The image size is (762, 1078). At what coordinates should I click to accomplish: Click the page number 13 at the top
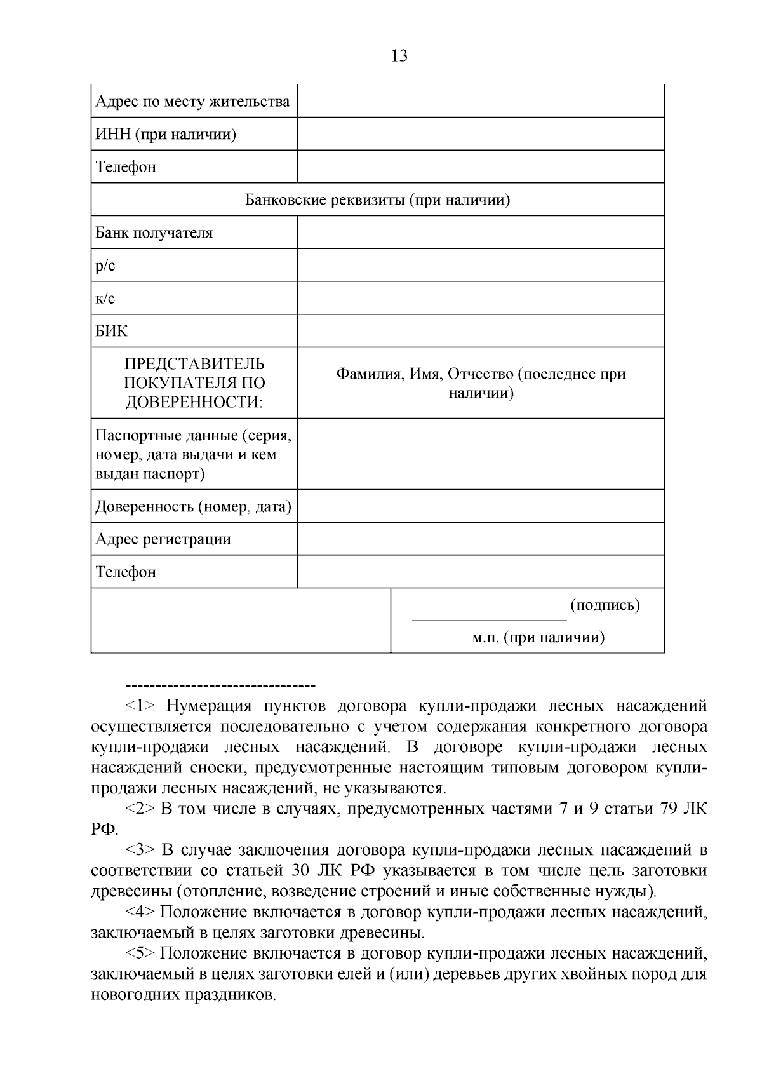(399, 56)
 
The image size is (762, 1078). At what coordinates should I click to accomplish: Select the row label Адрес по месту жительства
(192, 102)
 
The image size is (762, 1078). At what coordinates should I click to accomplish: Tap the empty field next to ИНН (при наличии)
(481, 134)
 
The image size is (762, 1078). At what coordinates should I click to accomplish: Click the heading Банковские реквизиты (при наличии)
(378, 200)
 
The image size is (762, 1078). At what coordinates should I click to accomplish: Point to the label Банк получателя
(154, 232)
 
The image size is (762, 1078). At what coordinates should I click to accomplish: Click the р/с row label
(105, 266)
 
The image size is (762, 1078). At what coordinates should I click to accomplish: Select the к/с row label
(105, 299)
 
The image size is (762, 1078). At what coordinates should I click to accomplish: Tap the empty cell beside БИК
(481, 331)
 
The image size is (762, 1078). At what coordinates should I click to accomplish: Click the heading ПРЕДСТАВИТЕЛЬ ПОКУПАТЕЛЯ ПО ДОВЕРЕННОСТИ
(194, 383)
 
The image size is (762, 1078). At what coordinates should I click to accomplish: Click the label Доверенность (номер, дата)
(193, 507)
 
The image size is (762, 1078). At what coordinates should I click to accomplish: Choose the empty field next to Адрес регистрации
(481, 539)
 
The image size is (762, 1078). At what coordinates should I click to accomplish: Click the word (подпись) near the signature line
(605, 605)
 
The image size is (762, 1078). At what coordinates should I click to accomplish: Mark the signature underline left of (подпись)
(489, 618)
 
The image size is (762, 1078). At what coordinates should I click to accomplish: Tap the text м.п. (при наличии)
(538, 638)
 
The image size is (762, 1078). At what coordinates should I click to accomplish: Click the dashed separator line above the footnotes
(221, 685)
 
